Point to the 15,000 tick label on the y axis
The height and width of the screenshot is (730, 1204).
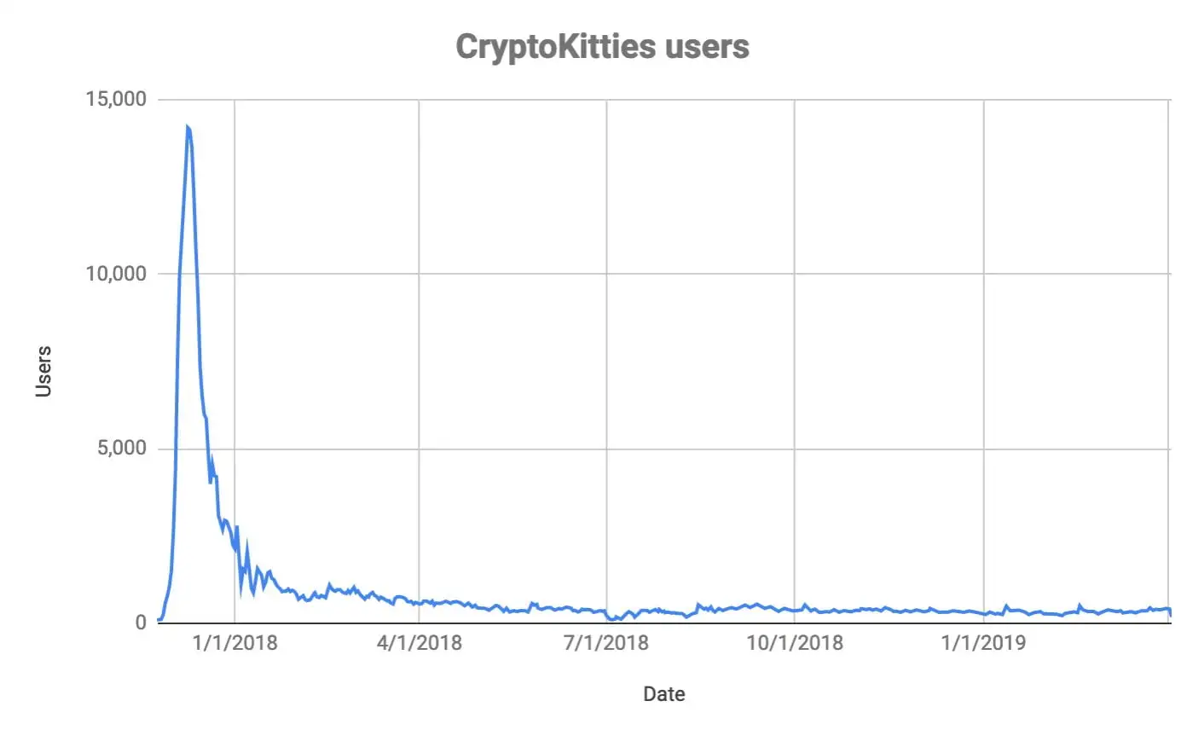tap(116, 99)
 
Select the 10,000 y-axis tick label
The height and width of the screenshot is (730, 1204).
tap(116, 274)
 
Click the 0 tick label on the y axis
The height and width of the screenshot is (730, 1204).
tap(141, 623)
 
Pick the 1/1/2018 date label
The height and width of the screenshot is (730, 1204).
tap(234, 642)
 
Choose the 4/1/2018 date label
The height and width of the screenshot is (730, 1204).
tap(419, 642)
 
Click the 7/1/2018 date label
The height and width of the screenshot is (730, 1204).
tap(606, 642)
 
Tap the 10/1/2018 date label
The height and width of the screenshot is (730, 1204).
tap(795, 642)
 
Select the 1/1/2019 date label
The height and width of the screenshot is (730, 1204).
tap(983, 642)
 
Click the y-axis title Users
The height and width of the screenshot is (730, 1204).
tap(43, 371)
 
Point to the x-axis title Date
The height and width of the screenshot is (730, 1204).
tap(663, 694)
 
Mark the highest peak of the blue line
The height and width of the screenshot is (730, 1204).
tap(187, 127)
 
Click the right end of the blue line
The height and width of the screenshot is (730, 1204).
tap(1171, 614)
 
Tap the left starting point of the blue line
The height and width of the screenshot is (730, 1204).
tap(159, 620)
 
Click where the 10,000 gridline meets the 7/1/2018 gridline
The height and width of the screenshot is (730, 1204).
tap(606, 274)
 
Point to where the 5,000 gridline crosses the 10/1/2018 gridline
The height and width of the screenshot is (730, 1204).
tap(795, 449)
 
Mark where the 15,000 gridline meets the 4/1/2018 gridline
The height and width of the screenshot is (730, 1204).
tap(419, 100)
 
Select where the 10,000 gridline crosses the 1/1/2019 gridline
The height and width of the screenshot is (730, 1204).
tap(984, 274)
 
